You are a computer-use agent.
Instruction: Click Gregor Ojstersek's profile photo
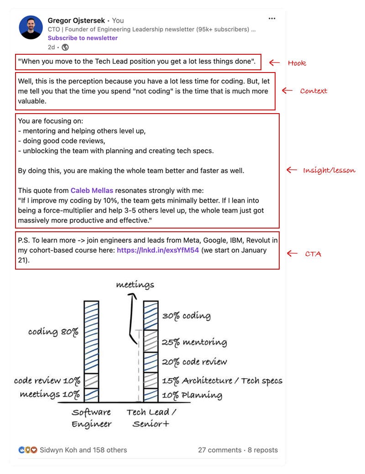(31, 27)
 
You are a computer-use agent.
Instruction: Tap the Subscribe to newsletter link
(83, 38)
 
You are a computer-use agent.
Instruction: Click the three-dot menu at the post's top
(272, 19)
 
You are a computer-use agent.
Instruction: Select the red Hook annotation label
(297, 63)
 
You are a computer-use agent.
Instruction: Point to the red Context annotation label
(313, 91)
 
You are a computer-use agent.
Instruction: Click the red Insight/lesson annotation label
(329, 170)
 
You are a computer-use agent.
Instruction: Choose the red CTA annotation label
(313, 254)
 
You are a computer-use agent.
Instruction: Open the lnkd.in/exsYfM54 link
(158, 250)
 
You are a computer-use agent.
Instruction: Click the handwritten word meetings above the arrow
(135, 285)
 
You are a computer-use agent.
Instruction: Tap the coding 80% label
(53, 332)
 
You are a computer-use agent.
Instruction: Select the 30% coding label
(186, 316)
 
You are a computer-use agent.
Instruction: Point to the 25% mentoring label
(194, 342)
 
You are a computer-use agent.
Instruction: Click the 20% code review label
(194, 362)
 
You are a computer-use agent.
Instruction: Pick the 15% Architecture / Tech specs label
(222, 380)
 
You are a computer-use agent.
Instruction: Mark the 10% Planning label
(192, 395)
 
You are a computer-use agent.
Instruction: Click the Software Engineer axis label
(92, 418)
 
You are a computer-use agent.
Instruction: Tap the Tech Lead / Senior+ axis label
(151, 418)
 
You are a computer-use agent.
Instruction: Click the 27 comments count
(219, 450)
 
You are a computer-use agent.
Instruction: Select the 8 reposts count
(263, 450)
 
